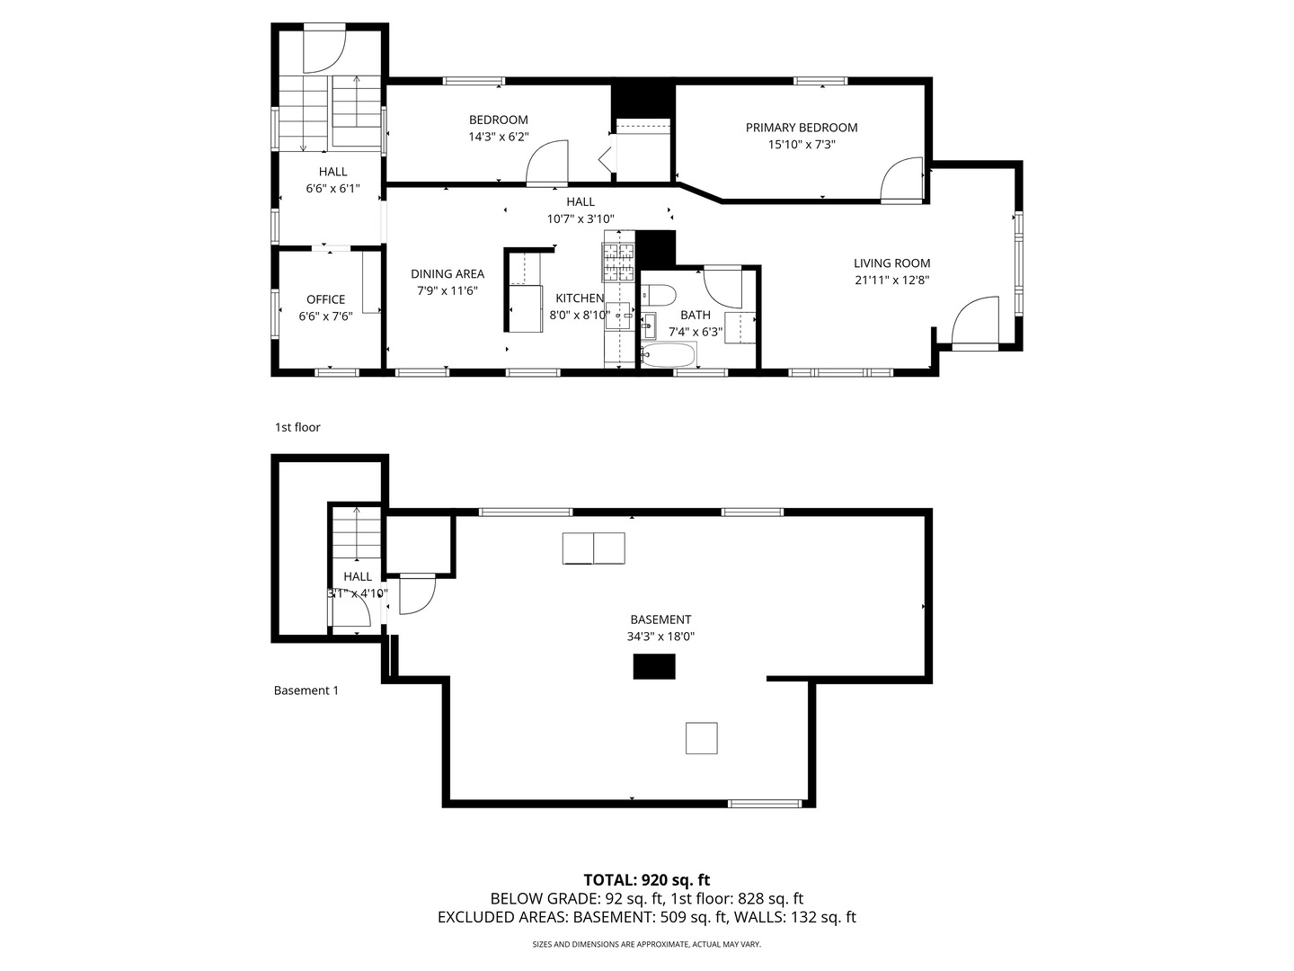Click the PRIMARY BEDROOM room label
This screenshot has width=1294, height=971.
pyautogui.click(x=801, y=128)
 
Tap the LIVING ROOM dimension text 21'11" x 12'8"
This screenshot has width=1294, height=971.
pyautogui.click(x=891, y=280)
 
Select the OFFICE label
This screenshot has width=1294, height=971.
pyautogui.click(x=325, y=299)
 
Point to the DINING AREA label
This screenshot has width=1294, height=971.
pyautogui.click(x=448, y=274)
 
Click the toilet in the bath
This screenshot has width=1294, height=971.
pyautogui.click(x=659, y=296)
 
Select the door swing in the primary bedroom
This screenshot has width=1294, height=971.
pyautogui.click(x=901, y=179)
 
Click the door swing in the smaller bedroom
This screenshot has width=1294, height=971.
pyautogui.click(x=547, y=164)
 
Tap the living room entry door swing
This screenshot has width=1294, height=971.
pyautogui.click(x=974, y=322)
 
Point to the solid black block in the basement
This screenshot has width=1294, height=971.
pyautogui.click(x=654, y=666)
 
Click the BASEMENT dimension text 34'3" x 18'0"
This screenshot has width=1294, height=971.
pyautogui.click(x=660, y=637)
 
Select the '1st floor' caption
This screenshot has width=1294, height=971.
pyautogui.click(x=297, y=427)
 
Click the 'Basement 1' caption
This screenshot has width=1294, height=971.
pyautogui.click(x=306, y=690)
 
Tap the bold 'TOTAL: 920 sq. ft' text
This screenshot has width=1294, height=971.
pyautogui.click(x=646, y=879)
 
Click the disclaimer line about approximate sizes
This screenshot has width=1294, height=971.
pyautogui.click(x=646, y=944)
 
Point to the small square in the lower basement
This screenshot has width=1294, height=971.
pyautogui.click(x=701, y=738)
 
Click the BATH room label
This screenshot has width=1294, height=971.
pyautogui.click(x=695, y=315)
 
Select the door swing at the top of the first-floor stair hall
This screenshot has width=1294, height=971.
pyautogui.click(x=323, y=49)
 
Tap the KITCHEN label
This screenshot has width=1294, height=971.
pyautogui.click(x=580, y=298)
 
